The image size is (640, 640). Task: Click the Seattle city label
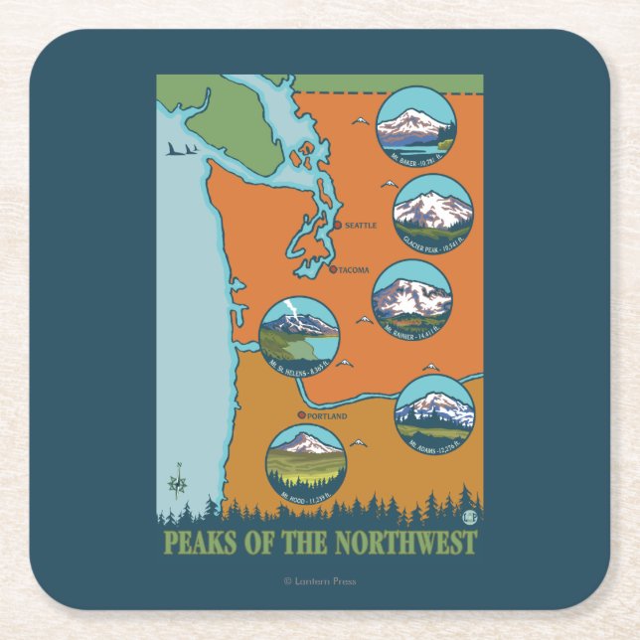point(361,226)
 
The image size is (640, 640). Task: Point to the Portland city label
point(327,416)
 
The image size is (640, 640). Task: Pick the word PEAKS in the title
point(195,543)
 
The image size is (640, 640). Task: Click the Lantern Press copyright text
point(319,581)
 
